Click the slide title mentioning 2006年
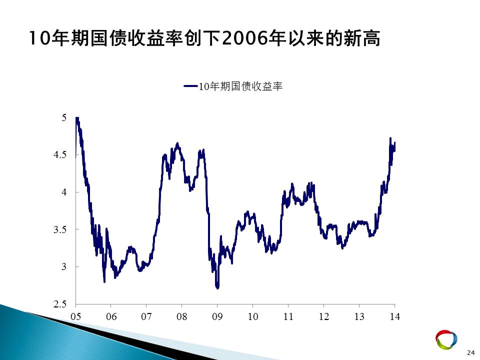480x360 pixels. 204,38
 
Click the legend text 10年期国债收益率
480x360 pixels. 240,86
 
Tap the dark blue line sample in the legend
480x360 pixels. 190,86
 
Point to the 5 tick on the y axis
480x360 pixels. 63,117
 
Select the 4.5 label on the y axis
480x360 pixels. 59,154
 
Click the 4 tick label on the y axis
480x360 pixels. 63,192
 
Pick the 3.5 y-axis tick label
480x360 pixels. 59,229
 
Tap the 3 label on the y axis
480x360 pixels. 63,266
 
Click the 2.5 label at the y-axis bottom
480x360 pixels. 59,304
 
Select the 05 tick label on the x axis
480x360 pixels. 75,316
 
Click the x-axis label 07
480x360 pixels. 146,316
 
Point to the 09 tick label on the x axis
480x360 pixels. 217,316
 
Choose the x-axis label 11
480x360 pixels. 288,316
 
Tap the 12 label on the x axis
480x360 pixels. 323,316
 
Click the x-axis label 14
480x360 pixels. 394,316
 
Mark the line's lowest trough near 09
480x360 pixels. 217,288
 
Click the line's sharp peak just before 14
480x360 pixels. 390,138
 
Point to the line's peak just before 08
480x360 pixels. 177,143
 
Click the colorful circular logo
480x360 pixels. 446,339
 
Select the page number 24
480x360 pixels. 470,353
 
